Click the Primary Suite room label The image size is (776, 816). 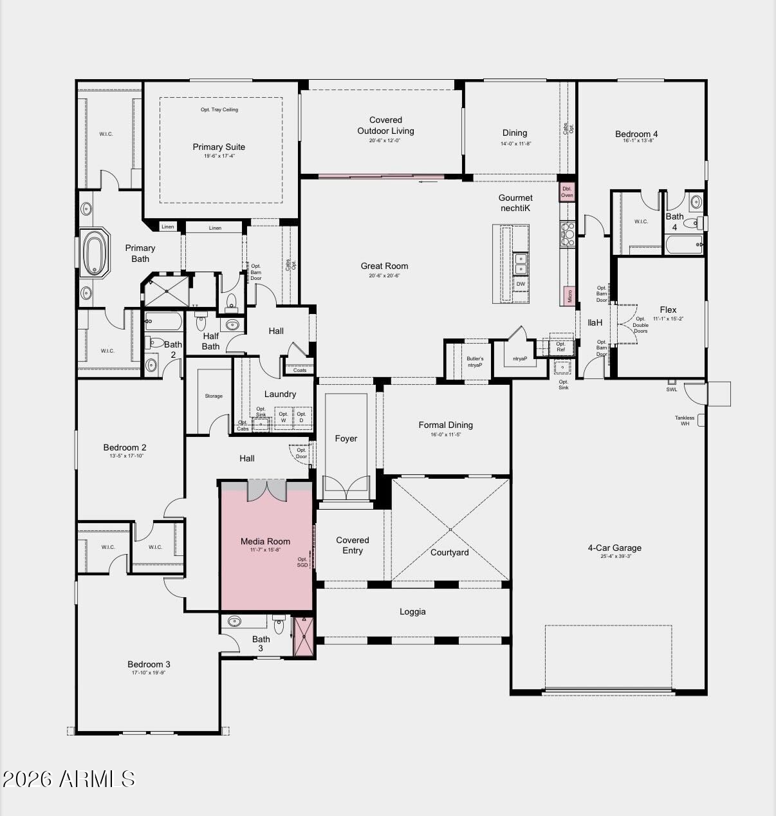219,147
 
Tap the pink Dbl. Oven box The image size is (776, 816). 567,192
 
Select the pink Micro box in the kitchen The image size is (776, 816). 569,295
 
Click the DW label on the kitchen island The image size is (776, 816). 521,284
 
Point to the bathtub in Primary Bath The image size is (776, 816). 95,254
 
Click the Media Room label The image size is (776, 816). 265,542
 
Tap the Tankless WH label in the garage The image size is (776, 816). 685,420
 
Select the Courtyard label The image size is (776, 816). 450,552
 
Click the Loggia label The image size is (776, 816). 412,612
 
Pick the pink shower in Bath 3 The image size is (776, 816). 303,636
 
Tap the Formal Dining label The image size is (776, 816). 445,425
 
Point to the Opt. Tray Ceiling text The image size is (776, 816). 219,110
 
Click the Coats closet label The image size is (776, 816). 300,370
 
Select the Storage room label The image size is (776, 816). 214,396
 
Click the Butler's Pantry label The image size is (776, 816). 475,362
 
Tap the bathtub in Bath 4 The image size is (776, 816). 683,244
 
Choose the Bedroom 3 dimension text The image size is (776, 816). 149,673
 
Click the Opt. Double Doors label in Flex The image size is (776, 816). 640,325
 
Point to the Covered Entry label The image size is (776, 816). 353,545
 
